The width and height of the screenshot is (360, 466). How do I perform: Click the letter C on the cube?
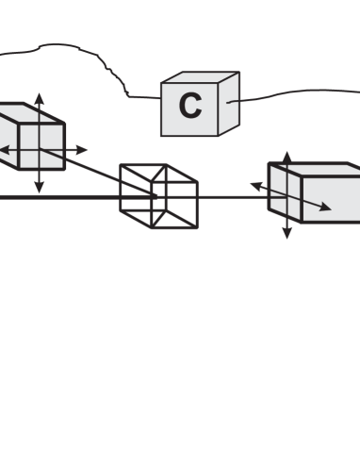(x=190, y=107)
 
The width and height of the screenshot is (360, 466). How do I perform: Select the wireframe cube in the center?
(x=157, y=195)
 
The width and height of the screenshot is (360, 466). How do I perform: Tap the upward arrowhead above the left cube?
(x=39, y=97)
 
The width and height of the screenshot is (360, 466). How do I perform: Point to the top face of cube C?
(x=203, y=79)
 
